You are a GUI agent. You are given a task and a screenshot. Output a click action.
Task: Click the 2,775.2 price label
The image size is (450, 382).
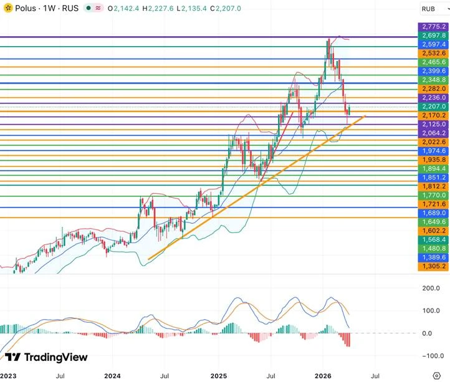[434, 27]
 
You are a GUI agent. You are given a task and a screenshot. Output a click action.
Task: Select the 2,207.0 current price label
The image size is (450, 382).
[434, 107]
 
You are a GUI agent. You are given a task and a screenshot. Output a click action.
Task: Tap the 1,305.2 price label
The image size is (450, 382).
[434, 266]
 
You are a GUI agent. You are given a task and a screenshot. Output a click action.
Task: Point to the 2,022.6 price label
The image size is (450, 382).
[434, 142]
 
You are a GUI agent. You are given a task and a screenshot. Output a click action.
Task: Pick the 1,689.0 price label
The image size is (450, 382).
[434, 212]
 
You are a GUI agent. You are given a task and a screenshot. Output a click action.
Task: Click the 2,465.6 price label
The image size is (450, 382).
[434, 62]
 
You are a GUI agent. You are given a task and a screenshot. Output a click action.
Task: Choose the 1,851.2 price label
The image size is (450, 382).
[434, 178]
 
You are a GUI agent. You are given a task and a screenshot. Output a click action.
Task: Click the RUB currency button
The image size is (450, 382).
[428, 9]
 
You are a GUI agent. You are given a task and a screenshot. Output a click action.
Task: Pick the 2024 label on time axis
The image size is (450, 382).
[113, 376]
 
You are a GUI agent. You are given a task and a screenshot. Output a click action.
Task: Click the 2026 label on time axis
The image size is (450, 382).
[322, 376]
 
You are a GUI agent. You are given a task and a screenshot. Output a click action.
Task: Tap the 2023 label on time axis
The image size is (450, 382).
[7, 376]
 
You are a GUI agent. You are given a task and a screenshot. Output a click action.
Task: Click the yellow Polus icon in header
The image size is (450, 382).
[7, 9]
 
